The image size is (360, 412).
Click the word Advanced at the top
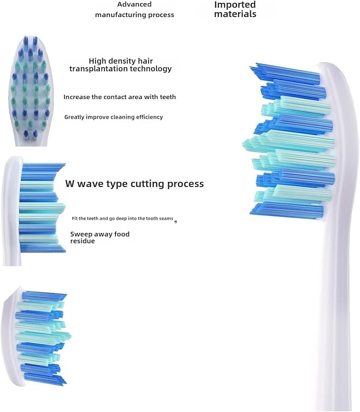(134, 4)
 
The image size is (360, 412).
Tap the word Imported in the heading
(235, 5)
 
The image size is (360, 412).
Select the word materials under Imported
(235, 14)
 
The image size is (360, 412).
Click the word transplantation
(99, 69)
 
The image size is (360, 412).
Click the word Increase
(76, 97)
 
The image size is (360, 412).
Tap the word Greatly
(73, 117)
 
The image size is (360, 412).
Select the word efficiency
(149, 117)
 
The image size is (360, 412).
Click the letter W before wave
(70, 183)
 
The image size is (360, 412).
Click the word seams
(166, 218)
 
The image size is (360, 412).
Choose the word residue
(82, 241)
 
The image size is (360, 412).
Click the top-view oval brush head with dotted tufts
(31, 91)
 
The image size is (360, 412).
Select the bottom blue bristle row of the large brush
(287, 211)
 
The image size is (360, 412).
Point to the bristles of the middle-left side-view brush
(41, 208)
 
